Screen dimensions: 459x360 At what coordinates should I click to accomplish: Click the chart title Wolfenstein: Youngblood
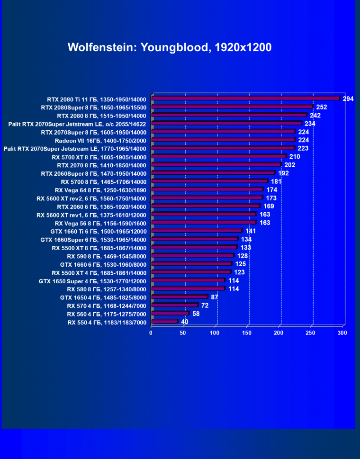coord(170,47)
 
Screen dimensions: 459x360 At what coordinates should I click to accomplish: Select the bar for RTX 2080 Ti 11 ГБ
coord(246,99)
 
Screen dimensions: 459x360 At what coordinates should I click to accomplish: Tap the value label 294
coord(349,99)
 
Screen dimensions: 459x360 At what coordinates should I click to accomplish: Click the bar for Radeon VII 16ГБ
coord(224,140)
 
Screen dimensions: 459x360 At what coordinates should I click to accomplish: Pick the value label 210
coord(295,156)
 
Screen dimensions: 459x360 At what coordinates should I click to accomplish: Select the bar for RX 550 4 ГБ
coord(164,322)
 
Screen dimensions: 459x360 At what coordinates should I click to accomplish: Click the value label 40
coord(185,322)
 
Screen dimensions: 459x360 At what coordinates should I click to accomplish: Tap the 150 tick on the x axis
coord(246,333)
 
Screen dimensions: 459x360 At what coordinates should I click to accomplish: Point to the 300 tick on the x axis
coord(342,333)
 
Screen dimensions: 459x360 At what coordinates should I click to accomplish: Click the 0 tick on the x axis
coord(151,333)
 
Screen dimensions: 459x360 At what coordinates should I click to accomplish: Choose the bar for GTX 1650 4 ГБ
coord(180,297)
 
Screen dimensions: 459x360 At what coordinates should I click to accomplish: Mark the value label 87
coord(215,297)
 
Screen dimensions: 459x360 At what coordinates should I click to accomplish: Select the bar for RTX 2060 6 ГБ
coord(206,207)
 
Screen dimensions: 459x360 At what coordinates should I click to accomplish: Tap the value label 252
coord(322,107)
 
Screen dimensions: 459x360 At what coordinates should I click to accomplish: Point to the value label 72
coord(205,306)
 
